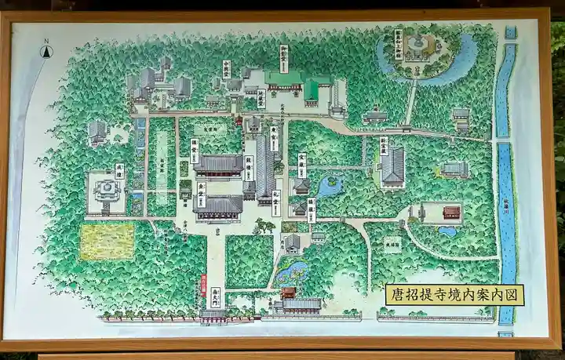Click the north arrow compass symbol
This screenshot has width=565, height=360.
click(x=46, y=50)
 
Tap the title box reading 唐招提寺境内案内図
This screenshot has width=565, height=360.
click(x=454, y=295)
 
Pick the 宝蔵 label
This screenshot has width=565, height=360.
click(x=301, y=164)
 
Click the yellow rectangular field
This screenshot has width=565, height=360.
click(x=107, y=241)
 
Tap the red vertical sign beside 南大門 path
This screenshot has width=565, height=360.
click(x=202, y=280)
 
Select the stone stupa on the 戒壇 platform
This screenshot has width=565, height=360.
click(x=106, y=188)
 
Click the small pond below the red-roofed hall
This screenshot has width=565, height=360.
click(x=448, y=231)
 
